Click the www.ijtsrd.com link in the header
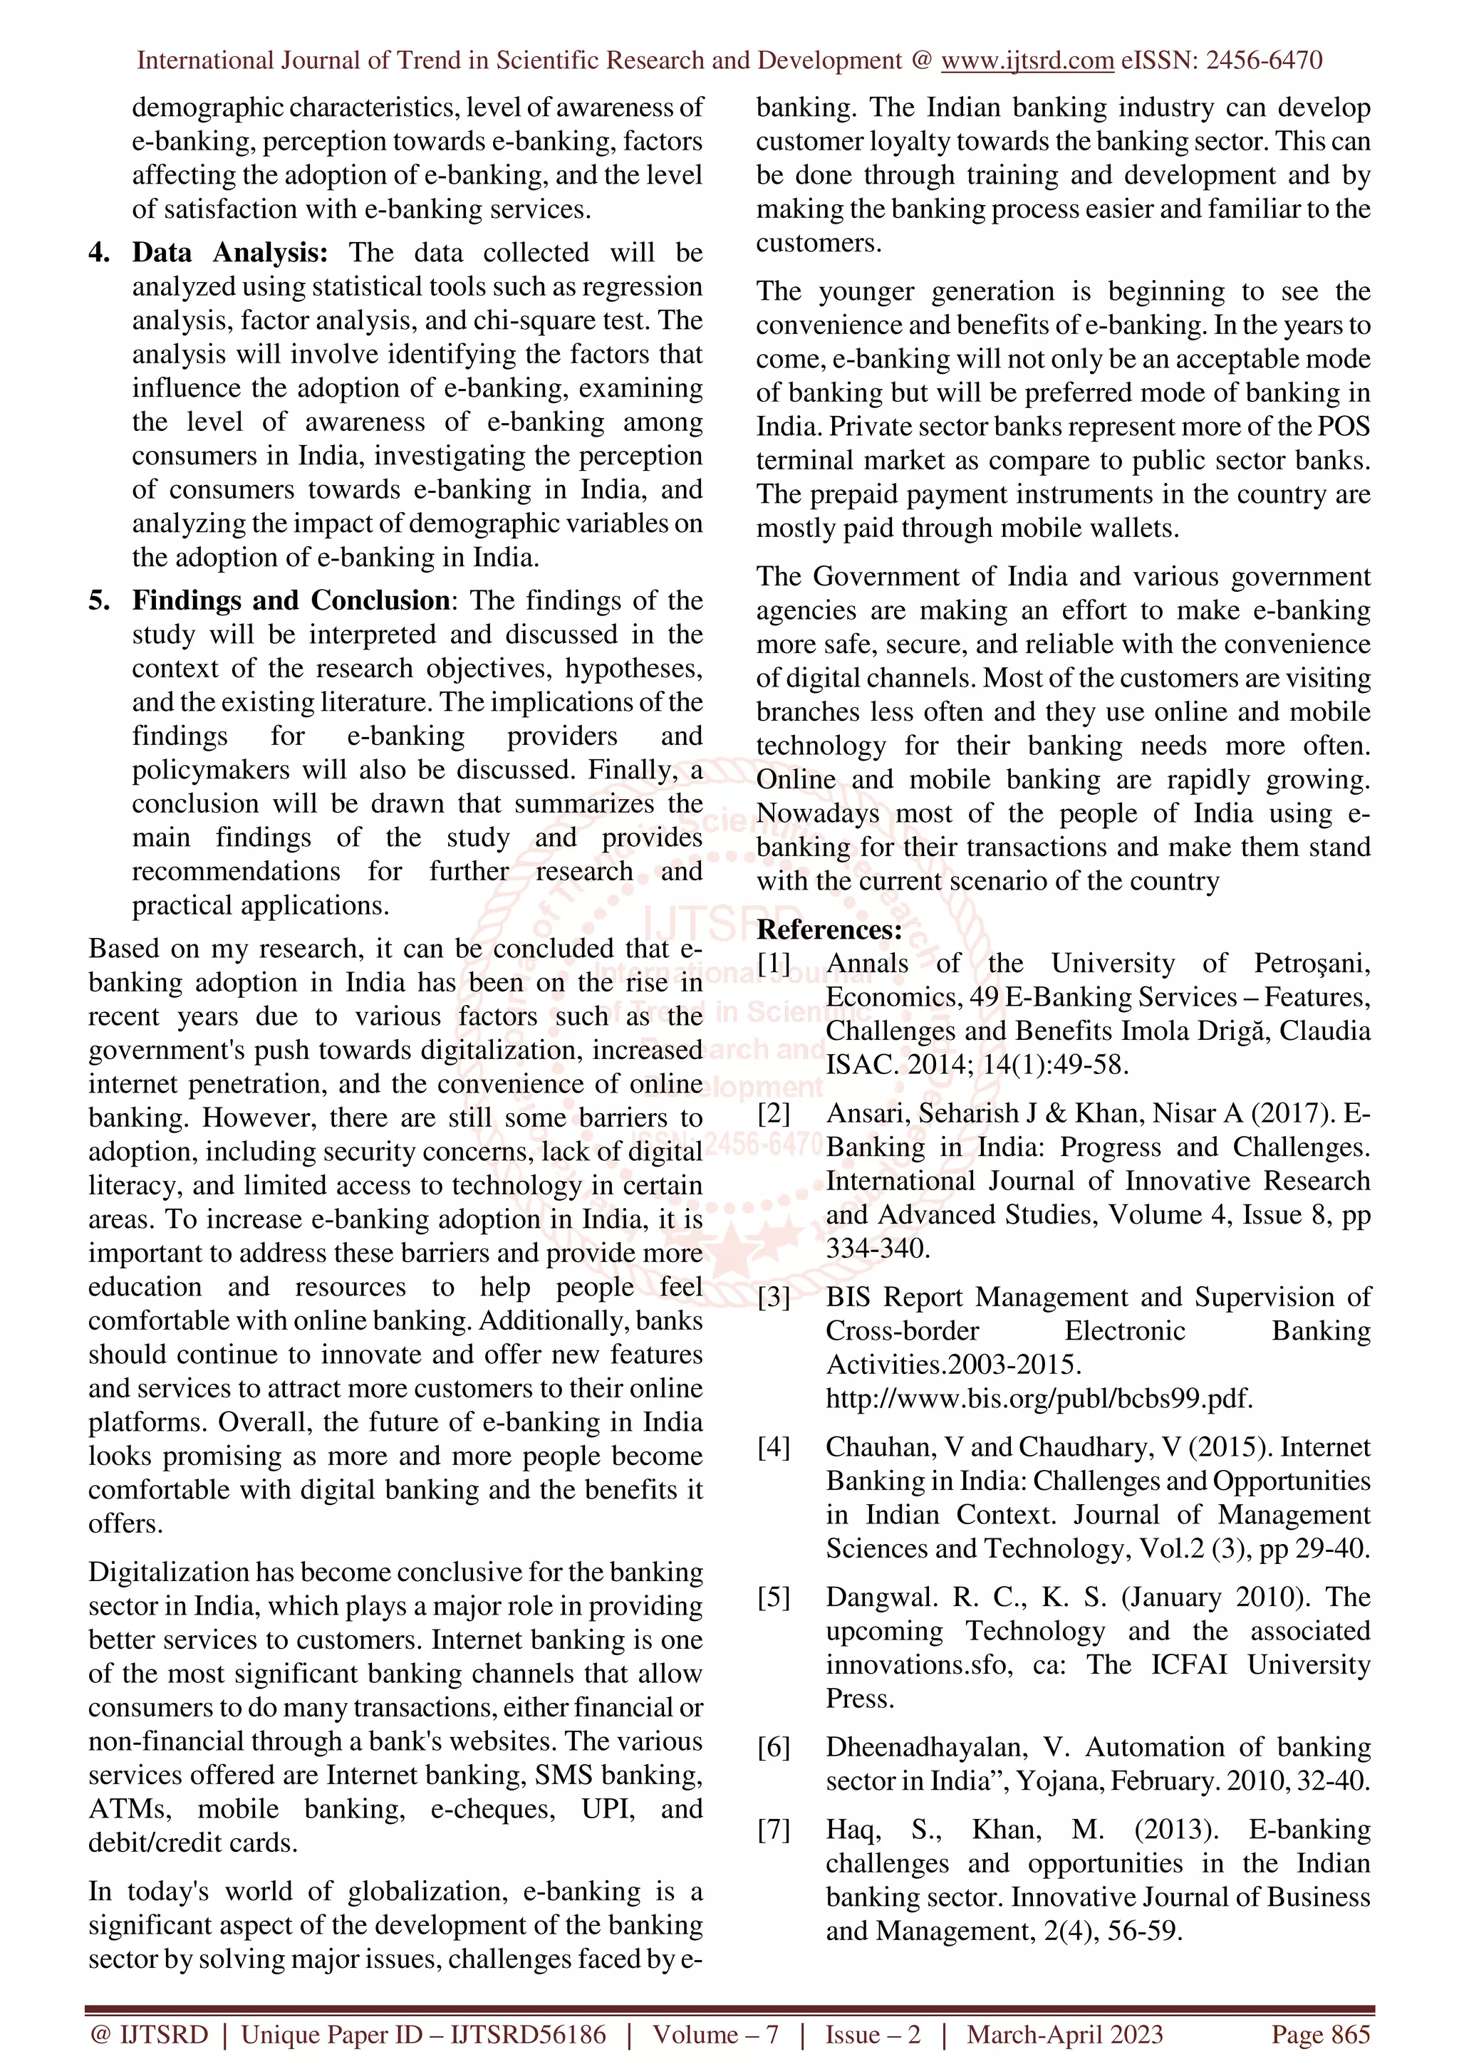1027,61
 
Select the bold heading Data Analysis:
230,253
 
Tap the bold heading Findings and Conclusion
291,600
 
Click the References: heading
829,929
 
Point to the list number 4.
98,253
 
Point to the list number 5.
98,600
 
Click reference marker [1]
773,964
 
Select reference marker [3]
773,1297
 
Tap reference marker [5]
773,1597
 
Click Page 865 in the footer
1319,2034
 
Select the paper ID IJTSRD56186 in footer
528,2034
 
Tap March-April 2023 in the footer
1064,2034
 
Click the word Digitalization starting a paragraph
168,1573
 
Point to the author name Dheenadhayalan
926,1748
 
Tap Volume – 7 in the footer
715,2034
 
